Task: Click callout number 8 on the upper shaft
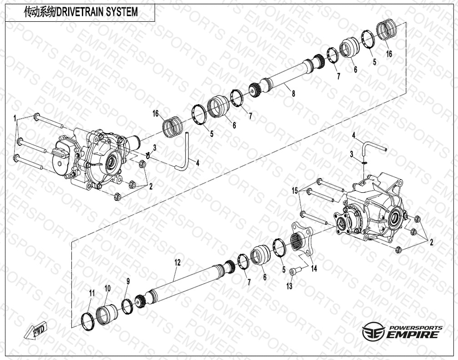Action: [x=294, y=94]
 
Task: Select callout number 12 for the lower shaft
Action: [x=178, y=262]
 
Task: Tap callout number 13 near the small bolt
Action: [x=289, y=286]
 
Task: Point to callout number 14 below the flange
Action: [x=314, y=268]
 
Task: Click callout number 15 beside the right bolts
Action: [x=295, y=191]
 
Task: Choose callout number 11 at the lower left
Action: [x=92, y=293]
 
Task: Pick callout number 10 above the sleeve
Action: [x=108, y=288]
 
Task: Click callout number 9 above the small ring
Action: [x=128, y=281]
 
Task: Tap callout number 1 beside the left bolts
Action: [x=15, y=118]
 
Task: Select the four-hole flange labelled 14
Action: [x=302, y=238]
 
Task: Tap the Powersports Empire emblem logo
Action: [x=369, y=331]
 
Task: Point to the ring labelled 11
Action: [x=88, y=321]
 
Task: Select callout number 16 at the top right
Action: [x=389, y=54]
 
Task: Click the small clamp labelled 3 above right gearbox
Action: [x=363, y=163]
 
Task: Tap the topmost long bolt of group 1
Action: [x=49, y=120]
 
